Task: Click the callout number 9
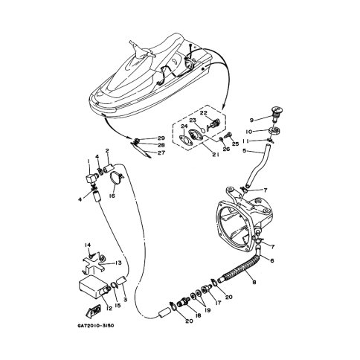click(251, 120)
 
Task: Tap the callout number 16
click(112, 196)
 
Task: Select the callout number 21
click(216, 155)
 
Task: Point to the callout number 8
click(254, 282)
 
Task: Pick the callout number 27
click(161, 153)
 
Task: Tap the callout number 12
click(109, 308)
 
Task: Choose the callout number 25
click(235, 144)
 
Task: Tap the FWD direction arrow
click(93, 311)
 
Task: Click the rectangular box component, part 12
click(94, 286)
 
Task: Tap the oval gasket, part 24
click(184, 139)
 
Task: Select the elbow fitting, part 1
click(91, 179)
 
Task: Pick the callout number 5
click(244, 151)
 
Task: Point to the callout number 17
click(218, 303)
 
